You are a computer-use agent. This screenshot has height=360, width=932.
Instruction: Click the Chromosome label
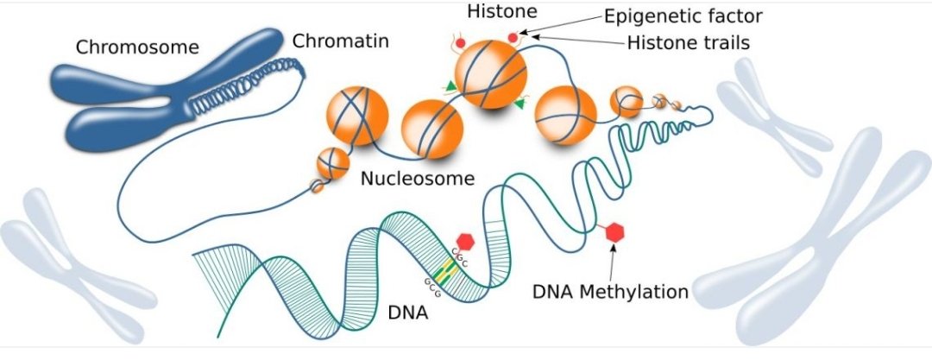[x=137, y=47]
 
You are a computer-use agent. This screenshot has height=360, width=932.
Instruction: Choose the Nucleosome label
[x=419, y=180]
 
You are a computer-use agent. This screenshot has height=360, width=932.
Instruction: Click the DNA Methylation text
[x=610, y=292]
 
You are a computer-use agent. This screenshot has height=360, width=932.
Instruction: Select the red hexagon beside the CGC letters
[x=467, y=242]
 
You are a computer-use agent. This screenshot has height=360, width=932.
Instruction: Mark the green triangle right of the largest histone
[x=520, y=104]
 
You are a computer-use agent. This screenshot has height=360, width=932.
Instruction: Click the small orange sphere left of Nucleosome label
[x=332, y=161]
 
